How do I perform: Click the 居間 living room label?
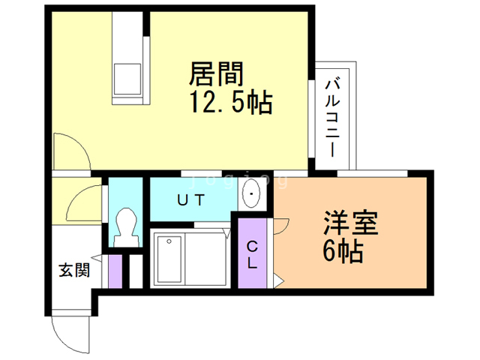pyautogui.click(x=213, y=73)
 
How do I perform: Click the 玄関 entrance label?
pyautogui.click(x=74, y=270)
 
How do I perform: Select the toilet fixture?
pyautogui.click(x=125, y=225)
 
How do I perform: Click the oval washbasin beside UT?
pyautogui.click(x=251, y=196)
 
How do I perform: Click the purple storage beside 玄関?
pyautogui.click(x=115, y=271)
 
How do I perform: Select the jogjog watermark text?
pyautogui.click(x=240, y=180)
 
